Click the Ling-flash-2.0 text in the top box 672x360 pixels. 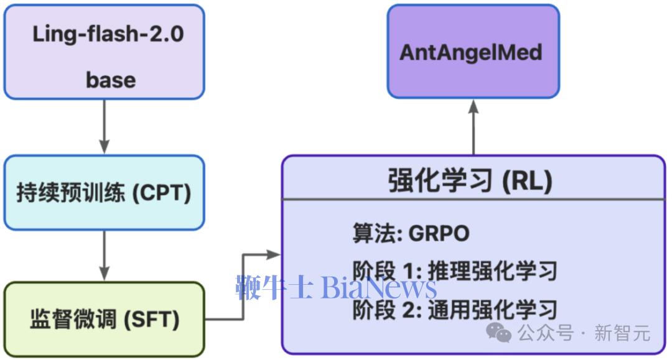(x=108, y=34)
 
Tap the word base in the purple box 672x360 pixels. (x=111, y=80)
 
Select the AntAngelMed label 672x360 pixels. (x=471, y=52)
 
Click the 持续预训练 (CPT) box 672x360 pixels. (x=104, y=193)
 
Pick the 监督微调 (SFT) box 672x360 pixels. (x=104, y=320)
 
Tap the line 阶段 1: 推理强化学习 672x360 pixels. (x=454, y=271)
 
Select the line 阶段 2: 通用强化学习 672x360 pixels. (x=454, y=310)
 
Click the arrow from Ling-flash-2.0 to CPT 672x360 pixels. (x=104, y=126)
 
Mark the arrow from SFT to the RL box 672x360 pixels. (x=243, y=286)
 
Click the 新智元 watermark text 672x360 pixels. (x=622, y=333)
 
